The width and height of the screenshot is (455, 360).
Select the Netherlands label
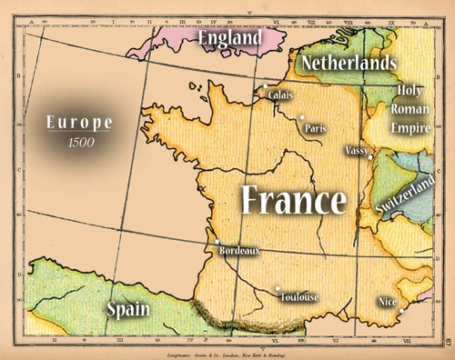[x=349, y=64]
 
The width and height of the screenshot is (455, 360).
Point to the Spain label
[x=127, y=308]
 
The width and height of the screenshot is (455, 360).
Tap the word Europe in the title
[x=79, y=122]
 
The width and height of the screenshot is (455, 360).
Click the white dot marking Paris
[x=301, y=117]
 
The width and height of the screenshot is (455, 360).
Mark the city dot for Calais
[x=265, y=87]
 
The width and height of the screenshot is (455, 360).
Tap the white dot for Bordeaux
[x=217, y=242]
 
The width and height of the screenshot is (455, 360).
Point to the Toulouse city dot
[x=278, y=289]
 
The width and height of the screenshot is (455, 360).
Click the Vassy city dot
[x=370, y=156]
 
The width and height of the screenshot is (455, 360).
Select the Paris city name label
[x=317, y=128]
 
